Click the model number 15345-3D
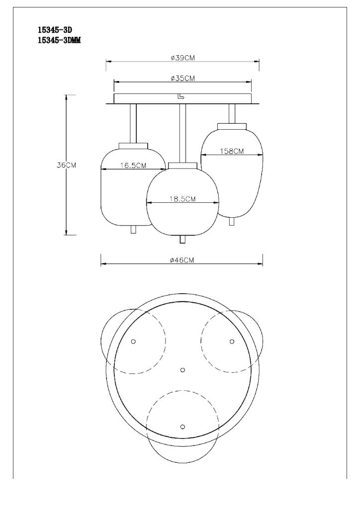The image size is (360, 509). click(x=55, y=30)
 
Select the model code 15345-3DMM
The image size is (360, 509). click(x=59, y=40)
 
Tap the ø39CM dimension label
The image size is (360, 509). click(x=183, y=58)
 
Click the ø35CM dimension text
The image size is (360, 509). click(x=183, y=78)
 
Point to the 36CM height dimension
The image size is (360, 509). click(x=66, y=165)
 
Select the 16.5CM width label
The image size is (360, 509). click(x=133, y=166)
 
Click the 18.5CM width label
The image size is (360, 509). click(x=183, y=199)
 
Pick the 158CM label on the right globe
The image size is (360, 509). click(x=232, y=151)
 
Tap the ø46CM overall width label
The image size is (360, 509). click(x=182, y=260)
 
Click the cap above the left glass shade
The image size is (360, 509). click(x=133, y=146)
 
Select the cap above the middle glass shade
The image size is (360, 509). click(x=182, y=166)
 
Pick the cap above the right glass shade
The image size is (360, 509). click(x=232, y=126)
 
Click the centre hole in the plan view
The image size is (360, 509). click(x=182, y=370)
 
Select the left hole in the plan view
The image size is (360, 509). click(x=133, y=341)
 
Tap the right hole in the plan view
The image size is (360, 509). click(x=232, y=341)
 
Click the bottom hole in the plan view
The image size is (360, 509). click(x=182, y=426)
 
